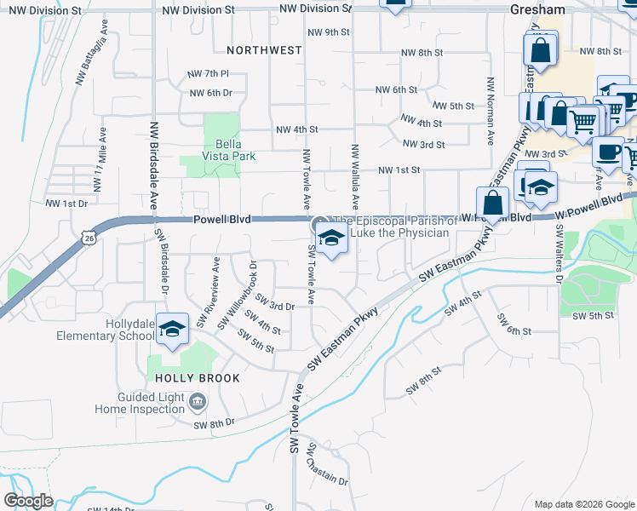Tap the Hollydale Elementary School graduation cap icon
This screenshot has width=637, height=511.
tap(173, 329)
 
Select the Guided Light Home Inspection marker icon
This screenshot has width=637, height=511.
tap(198, 400)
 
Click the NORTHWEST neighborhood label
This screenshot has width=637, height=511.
tap(265, 50)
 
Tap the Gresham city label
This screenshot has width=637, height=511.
tap(538, 9)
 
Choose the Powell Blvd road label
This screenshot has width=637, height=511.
tap(221, 219)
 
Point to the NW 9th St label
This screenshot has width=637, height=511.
tap(326, 32)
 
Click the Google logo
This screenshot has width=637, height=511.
tap(28, 501)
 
